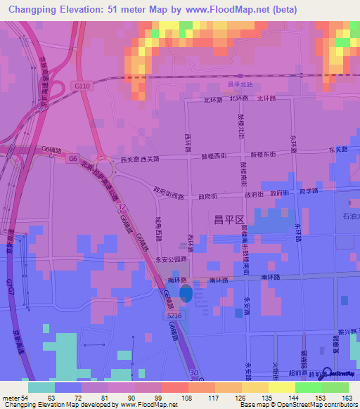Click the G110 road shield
82,85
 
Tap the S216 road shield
175,316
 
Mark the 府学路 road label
309,191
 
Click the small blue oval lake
185,293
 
